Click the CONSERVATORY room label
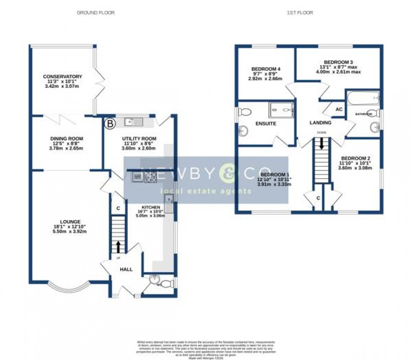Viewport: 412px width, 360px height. [x=62, y=76]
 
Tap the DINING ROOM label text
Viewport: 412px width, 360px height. [x=66, y=139]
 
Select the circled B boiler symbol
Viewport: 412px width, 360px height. [x=109, y=124]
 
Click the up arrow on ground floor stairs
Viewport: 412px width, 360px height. [x=118, y=245]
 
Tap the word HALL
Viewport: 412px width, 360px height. [x=126, y=269]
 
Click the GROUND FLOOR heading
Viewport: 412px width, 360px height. [x=95, y=13]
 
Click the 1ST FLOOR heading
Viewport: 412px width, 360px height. [x=300, y=13]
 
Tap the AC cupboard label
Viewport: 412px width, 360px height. [x=338, y=109]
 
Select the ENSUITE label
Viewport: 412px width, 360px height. [x=266, y=124]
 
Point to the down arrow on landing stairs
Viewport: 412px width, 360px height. [x=321, y=145]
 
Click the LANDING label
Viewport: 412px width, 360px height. [x=321, y=123]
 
